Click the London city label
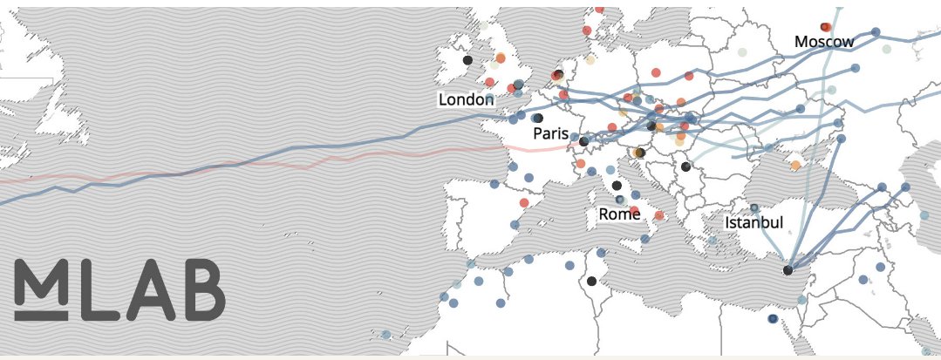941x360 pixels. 466,100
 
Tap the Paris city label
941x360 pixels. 551,134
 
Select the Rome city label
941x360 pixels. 619,214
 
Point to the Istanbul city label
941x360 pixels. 754,223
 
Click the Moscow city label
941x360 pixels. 824,42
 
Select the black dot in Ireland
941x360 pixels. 467,60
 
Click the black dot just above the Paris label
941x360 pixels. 538,118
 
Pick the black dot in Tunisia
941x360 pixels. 592,281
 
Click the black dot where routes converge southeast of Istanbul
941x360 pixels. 788,270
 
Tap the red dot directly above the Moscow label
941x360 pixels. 825,27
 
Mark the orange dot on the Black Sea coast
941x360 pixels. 795,164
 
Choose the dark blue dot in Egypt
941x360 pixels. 773,320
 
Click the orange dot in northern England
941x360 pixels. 501,58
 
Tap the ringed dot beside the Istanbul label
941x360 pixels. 754,208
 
